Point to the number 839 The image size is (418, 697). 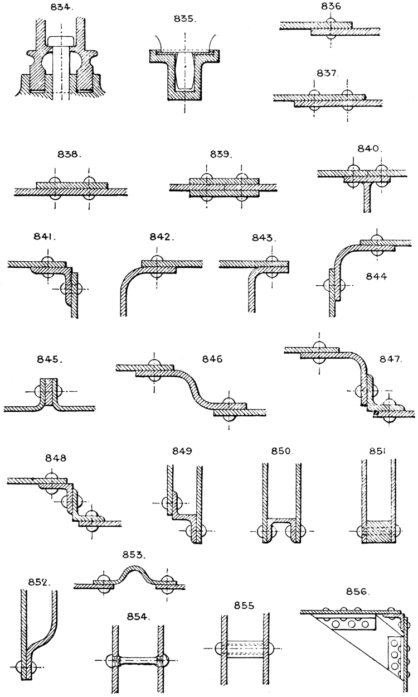[222, 153]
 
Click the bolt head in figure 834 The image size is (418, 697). [61, 41]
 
